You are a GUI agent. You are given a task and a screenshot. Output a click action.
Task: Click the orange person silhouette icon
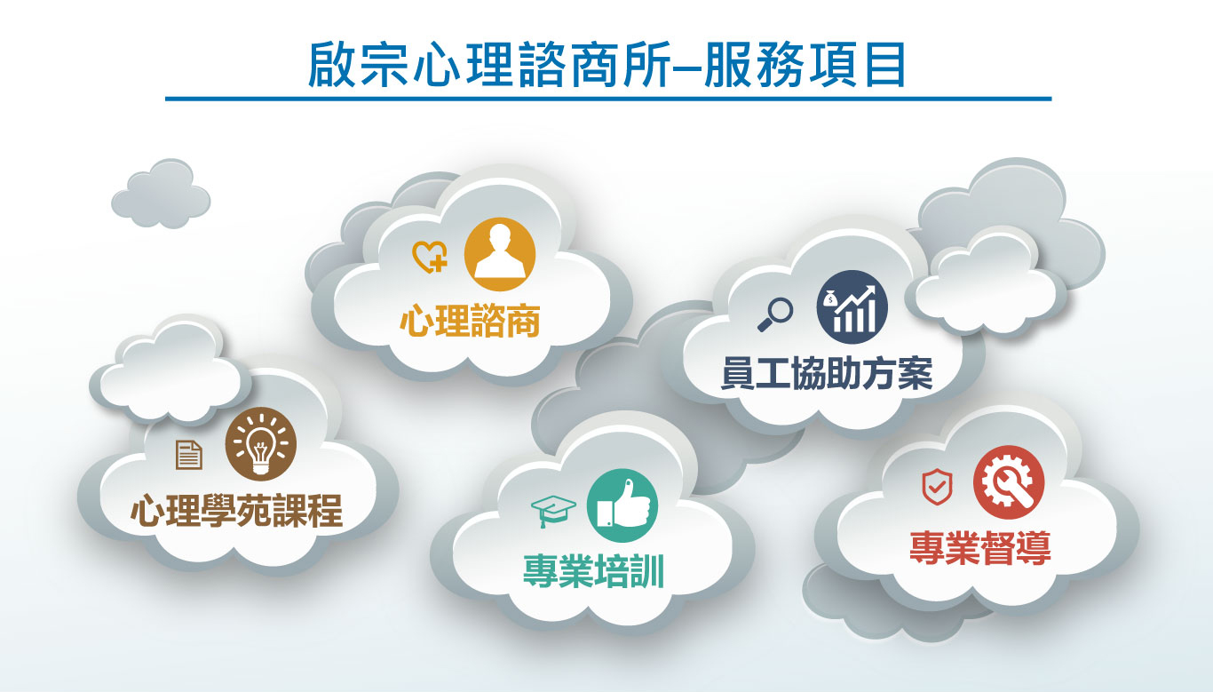(500, 253)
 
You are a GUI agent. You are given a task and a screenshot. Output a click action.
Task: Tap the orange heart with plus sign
(430, 257)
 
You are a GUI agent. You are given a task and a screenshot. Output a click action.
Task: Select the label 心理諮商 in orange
(470, 321)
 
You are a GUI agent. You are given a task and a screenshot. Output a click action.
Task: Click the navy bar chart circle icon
(852, 306)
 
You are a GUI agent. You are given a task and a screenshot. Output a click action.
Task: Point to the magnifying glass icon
(775, 314)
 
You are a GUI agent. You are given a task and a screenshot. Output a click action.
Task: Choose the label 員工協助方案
(827, 373)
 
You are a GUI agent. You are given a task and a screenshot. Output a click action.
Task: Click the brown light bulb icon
(261, 444)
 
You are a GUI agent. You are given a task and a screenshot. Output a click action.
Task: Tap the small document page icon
(189, 455)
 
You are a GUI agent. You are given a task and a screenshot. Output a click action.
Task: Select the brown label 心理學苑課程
(237, 510)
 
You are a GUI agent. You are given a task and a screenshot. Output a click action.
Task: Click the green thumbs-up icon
(622, 505)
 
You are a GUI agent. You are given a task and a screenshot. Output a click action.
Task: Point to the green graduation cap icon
(553, 511)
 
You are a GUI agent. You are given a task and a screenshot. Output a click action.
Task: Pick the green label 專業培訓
(593, 571)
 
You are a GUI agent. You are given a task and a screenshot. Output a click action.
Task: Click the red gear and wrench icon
(1009, 482)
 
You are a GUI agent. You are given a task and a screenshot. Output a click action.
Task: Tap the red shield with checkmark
(937, 487)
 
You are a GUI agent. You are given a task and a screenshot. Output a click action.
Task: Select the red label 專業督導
(980, 548)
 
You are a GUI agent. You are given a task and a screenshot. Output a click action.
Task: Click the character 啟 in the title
(331, 64)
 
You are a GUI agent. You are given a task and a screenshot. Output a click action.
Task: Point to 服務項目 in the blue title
(805, 65)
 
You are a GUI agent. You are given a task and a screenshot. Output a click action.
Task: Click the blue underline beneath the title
(608, 99)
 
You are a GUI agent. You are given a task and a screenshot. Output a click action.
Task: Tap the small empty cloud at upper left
(161, 193)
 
